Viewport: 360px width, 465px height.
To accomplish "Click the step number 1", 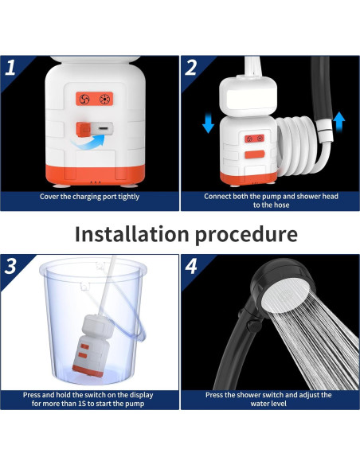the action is tap(10, 68).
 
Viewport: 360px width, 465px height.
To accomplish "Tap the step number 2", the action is tap(190, 68).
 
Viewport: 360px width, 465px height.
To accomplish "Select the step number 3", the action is tap(10, 266).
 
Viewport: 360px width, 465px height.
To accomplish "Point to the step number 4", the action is tap(191, 266).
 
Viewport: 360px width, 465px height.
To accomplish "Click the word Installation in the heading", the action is tap(131, 234).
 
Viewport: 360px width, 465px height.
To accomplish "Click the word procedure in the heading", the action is tap(246, 235).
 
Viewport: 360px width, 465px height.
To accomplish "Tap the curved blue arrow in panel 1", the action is tap(88, 142).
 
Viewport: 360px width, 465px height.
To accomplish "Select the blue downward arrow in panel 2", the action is tap(208, 123).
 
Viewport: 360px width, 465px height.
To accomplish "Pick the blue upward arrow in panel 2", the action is tap(338, 122).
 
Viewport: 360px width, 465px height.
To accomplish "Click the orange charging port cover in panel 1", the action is tap(83, 129).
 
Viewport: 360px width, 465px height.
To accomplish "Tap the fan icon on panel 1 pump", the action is tap(84, 99).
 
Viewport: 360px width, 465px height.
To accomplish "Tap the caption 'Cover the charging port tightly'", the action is tap(89, 197).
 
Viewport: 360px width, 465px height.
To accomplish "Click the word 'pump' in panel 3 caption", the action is tap(136, 404).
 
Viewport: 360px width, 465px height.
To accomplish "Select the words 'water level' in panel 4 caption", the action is tap(268, 404).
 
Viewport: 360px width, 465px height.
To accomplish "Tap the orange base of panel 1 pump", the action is tap(96, 176).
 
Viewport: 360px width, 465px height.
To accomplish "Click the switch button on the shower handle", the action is tap(252, 326).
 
